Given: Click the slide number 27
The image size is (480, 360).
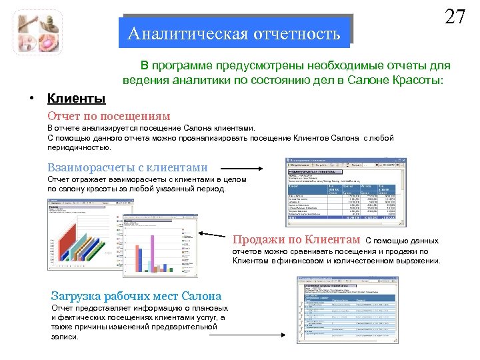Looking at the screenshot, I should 455,17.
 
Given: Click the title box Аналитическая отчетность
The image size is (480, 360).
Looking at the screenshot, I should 234,33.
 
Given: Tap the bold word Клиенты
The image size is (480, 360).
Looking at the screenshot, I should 76,99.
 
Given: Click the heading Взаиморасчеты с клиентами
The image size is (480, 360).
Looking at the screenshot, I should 127,168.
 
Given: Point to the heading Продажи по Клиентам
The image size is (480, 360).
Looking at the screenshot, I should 297,239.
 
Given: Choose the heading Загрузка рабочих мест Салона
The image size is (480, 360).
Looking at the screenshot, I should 136,295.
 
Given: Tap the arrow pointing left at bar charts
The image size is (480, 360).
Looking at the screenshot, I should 215,235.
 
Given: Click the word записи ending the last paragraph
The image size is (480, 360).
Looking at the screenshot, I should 65,337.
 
